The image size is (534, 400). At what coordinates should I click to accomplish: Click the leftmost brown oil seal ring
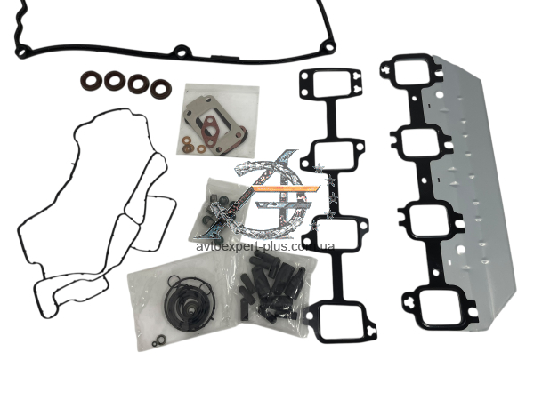(91, 81)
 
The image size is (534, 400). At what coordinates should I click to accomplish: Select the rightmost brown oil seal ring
(161, 89)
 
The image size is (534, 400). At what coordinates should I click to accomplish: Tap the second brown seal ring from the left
(114, 81)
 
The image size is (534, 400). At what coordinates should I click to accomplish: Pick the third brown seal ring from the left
(138, 84)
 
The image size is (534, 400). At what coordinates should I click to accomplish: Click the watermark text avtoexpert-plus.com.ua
(265, 246)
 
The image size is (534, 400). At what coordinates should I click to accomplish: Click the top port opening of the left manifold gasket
(330, 84)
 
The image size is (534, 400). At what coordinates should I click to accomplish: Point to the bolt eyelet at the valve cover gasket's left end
(21, 52)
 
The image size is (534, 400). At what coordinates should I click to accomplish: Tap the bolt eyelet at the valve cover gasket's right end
(329, 48)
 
